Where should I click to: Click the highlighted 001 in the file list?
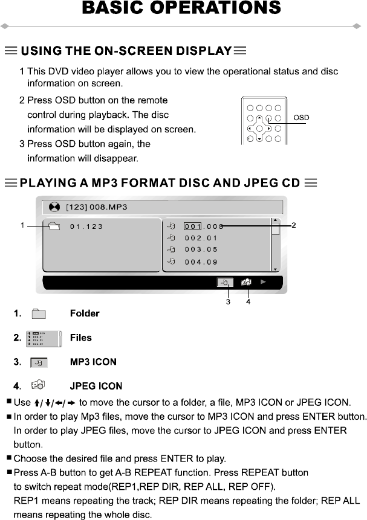pyautogui.click(x=192, y=226)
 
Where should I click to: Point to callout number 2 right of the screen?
pyautogui.click(x=293, y=225)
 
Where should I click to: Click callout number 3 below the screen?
pyautogui.click(x=228, y=302)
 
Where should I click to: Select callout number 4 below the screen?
pyautogui.click(x=248, y=302)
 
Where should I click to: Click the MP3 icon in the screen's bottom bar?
pyautogui.click(x=224, y=281)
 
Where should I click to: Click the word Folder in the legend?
pyautogui.click(x=85, y=313)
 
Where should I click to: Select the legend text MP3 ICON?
pyautogui.click(x=93, y=362)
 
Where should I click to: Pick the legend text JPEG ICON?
pyautogui.click(x=96, y=386)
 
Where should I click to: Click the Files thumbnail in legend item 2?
pyautogui.click(x=42, y=338)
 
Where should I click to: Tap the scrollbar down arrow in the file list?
pyautogui.click(x=275, y=269)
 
